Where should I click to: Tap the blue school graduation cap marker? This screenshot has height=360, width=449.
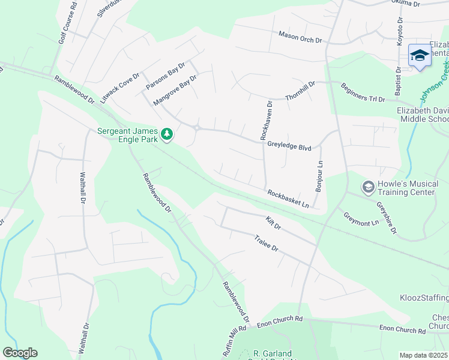click(419, 56)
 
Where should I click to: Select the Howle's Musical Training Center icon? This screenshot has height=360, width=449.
click(369, 188)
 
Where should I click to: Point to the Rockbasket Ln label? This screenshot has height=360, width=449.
click(288, 199)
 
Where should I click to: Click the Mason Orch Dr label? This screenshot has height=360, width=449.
click(300, 37)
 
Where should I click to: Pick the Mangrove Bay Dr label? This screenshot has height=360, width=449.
click(175, 91)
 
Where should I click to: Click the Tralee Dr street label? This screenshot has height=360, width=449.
click(267, 243)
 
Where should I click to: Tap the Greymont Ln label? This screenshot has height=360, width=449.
click(361, 218)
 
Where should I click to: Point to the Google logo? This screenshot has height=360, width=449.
click(20, 353)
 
